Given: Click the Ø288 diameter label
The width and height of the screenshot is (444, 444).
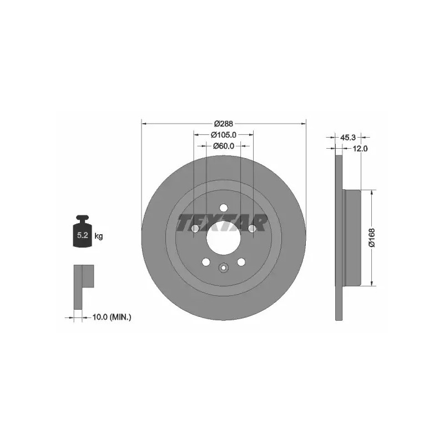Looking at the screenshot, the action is tap(224, 124).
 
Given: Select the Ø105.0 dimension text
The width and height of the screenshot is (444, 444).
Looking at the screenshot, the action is tap(224, 135).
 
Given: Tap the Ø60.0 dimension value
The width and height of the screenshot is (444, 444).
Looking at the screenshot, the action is tap(224, 146).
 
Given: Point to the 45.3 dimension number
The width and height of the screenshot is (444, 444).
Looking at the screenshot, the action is tap(347, 138).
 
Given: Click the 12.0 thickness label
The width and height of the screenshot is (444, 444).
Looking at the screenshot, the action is tap(360, 148).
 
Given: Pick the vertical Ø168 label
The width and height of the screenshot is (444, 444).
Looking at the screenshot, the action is tap(371, 238).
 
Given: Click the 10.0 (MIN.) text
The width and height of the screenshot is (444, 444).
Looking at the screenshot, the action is tap(112, 317).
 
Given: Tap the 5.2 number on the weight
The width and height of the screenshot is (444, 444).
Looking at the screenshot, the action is tap(82, 235).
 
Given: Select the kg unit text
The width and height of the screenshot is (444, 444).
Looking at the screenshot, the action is tap(99, 236).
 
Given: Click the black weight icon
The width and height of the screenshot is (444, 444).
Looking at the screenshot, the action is tap(82, 231).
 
